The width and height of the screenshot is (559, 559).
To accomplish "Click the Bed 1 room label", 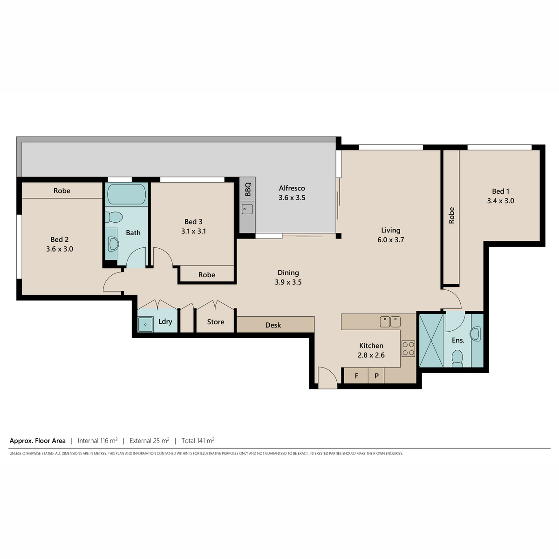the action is click(x=500, y=191).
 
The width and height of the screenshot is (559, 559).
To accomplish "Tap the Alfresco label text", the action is click(x=292, y=188).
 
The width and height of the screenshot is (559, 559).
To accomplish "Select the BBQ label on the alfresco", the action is click(x=247, y=189).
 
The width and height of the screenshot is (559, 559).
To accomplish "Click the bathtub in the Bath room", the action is click(x=127, y=195).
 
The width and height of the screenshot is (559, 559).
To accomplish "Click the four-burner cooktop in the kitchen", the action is click(x=408, y=348).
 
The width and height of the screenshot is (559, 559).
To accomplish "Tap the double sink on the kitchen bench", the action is click(x=390, y=322).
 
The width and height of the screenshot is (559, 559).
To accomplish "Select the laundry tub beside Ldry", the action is click(x=145, y=324).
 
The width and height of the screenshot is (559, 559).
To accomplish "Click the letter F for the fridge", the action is click(x=356, y=375).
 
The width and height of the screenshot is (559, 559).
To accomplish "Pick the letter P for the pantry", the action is click(x=376, y=375).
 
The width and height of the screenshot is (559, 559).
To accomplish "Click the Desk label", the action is click(x=273, y=325).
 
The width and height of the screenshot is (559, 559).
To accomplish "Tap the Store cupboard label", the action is click(x=216, y=322).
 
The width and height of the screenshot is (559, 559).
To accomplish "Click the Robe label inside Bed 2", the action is click(x=62, y=191).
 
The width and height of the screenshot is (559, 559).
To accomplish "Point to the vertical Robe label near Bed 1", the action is click(x=451, y=215).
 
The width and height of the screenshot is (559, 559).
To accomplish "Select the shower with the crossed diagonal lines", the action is click(x=431, y=341).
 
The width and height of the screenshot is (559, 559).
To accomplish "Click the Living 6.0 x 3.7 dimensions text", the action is click(x=390, y=239).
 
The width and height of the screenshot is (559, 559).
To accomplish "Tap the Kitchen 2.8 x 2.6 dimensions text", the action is click(x=371, y=355).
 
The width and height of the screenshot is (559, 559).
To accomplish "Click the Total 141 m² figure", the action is click(x=198, y=441).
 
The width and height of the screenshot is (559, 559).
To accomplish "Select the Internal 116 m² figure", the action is click(x=97, y=441).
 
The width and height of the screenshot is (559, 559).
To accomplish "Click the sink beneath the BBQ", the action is click(x=247, y=209).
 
